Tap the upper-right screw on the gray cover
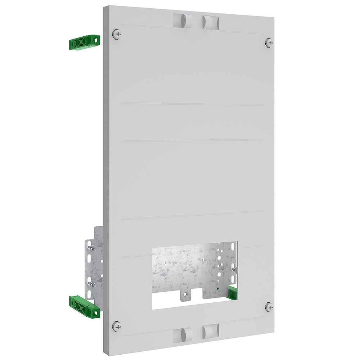pyautogui.click(x=269, y=42)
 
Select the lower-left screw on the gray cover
pyautogui.click(x=116, y=326)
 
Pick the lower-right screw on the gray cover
pyautogui.click(x=269, y=307)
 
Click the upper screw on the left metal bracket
pyautogui.click(x=93, y=248)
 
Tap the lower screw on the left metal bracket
pyautogui.click(x=93, y=284)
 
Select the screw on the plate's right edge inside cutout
pyautogui.click(x=235, y=269)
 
